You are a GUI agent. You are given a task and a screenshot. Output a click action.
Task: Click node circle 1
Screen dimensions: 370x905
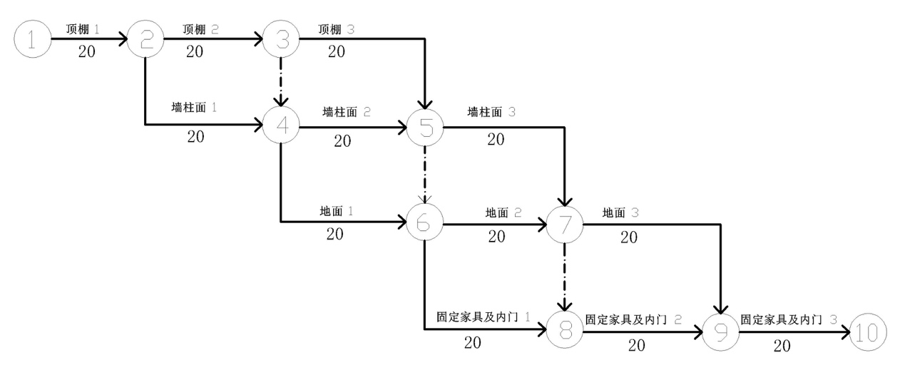(x=32, y=39)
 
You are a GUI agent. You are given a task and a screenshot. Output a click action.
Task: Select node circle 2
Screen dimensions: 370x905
(x=145, y=39)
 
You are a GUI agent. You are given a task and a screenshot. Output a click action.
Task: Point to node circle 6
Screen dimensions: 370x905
(x=425, y=224)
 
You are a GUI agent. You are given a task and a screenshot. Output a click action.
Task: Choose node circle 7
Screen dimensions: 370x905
(x=566, y=224)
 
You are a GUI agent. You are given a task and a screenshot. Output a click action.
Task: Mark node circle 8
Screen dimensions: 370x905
(x=566, y=332)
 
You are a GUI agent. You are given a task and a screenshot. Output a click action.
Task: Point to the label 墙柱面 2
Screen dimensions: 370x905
(x=348, y=113)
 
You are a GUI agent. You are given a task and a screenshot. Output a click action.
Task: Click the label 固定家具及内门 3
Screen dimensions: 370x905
(x=789, y=321)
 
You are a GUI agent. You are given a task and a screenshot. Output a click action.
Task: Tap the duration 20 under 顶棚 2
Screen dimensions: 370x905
(x=195, y=51)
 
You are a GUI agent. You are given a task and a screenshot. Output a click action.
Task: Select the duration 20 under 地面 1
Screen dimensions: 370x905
(x=335, y=234)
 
